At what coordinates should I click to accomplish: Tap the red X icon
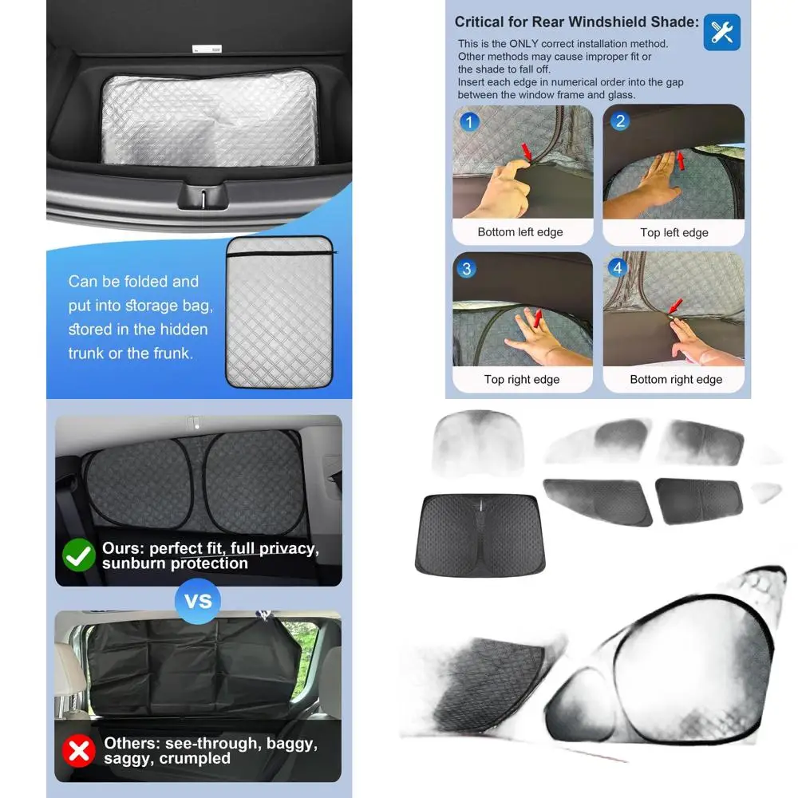78,751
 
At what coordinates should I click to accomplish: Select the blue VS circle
198,599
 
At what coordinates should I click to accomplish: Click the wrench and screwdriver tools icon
721,33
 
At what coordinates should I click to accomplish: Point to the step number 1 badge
470,122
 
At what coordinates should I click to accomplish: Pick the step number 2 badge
620,122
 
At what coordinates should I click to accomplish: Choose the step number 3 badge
467,269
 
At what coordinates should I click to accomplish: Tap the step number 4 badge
617,269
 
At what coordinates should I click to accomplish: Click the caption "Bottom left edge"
520,232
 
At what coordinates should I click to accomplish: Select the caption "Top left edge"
674,233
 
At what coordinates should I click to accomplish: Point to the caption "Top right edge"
522,380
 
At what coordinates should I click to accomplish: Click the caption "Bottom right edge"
676,380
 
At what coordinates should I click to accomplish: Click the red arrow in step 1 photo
526,150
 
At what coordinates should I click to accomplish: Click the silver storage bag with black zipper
279,311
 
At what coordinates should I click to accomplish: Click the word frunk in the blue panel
171,353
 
